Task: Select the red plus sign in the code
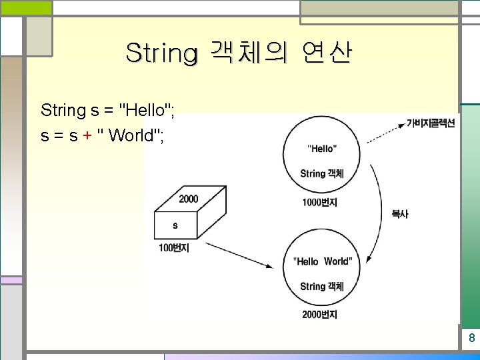[87, 135]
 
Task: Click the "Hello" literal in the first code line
[145, 109]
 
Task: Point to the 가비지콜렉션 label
[431, 123]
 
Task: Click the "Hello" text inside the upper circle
[322, 148]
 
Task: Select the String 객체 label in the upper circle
[322, 173]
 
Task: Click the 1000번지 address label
[319, 202]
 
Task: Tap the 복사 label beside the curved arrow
[400, 214]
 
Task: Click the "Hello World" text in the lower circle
[323, 261]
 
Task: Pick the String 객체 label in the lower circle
[322, 286]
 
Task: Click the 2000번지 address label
[319, 314]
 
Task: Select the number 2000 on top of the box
[188, 199]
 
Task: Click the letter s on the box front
[175, 225]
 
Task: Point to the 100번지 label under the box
[174, 248]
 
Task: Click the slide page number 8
[471, 338]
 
